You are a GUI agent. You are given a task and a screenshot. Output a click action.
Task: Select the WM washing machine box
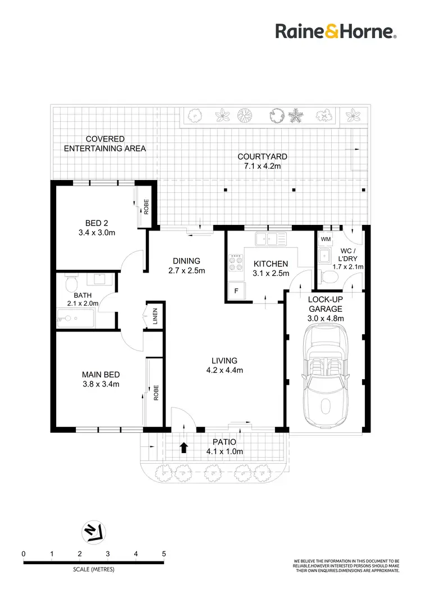325,239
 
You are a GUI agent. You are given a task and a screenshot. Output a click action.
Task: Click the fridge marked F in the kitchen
236,291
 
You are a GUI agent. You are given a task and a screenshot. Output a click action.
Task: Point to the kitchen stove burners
235,264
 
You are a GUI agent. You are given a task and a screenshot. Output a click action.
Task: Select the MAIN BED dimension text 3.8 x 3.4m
100,384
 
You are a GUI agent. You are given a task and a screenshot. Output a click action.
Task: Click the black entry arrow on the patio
183,448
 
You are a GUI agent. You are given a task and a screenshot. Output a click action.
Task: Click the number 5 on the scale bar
164,554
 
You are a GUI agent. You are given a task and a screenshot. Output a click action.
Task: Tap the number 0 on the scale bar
24,554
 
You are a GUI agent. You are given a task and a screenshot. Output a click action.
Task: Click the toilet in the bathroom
70,284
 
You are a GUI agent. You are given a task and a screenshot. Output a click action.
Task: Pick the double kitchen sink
270,239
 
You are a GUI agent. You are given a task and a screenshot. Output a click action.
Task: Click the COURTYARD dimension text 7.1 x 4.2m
262,167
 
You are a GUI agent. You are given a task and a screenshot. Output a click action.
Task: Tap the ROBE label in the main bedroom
155,391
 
